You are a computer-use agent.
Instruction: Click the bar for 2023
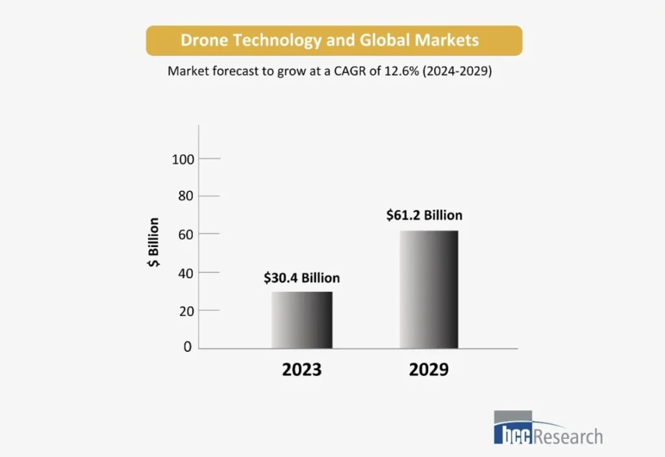click(x=302, y=320)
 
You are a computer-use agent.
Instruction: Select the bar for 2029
click(x=429, y=289)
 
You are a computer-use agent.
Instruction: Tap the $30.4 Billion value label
click(x=301, y=278)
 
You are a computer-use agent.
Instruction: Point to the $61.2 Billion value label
click(x=424, y=215)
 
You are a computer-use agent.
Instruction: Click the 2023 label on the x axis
click(x=301, y=370)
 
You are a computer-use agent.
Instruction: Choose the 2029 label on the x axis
click(x=429, y=370)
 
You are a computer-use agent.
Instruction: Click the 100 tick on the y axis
click(x=184, y=159)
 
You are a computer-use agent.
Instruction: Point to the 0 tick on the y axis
click(x=188, y=347)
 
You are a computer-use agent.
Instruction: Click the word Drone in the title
click(x=202, y=40)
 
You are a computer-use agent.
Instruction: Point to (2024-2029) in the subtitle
click(x=458, y=72)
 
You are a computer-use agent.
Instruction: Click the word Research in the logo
click(x=568, y=436)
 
